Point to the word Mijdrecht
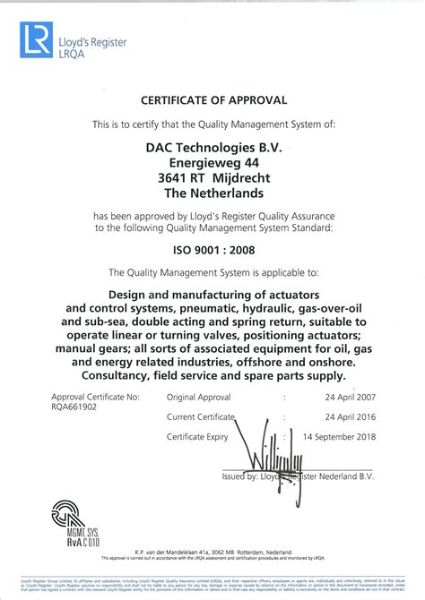241,178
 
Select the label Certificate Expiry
199,437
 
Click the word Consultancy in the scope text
98,375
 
